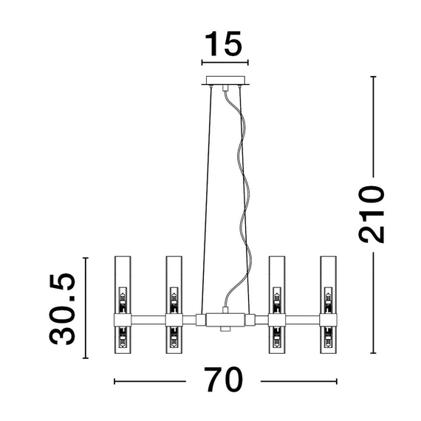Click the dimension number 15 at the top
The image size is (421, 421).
coord(224,44)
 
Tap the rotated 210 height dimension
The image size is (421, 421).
coord(372,214)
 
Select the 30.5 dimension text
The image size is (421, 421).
coord(63,309)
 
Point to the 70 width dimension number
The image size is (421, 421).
coord(223,380)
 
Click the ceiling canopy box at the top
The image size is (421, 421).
coord(225,81)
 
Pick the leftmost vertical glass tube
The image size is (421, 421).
coord(123,305)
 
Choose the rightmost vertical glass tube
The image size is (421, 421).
coord(329,305)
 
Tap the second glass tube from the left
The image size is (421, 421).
coord(174,305)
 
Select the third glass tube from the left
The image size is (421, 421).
coord(277,305)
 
